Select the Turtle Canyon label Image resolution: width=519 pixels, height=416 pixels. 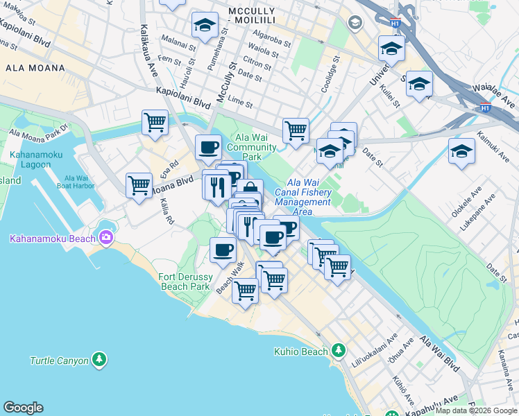(59, 361)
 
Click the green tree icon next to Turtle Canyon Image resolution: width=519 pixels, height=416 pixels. (100, 360)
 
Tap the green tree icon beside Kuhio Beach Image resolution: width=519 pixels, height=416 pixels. (339, 351)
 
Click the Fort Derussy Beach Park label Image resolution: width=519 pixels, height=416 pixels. (180, 281)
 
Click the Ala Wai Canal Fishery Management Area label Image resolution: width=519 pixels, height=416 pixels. (303, 192)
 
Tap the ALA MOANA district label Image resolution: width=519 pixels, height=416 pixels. (35, 68)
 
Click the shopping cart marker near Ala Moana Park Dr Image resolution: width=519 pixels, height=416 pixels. (155, 123)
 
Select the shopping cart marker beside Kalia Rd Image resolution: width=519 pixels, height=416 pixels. (139, 186)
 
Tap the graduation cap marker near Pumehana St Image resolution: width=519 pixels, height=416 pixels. (204, 26)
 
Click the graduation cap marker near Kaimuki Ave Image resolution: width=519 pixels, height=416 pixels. (461, 152)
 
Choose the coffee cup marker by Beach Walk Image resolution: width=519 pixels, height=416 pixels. (223, 250)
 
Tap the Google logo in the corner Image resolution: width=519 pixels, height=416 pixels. (23, 408)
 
